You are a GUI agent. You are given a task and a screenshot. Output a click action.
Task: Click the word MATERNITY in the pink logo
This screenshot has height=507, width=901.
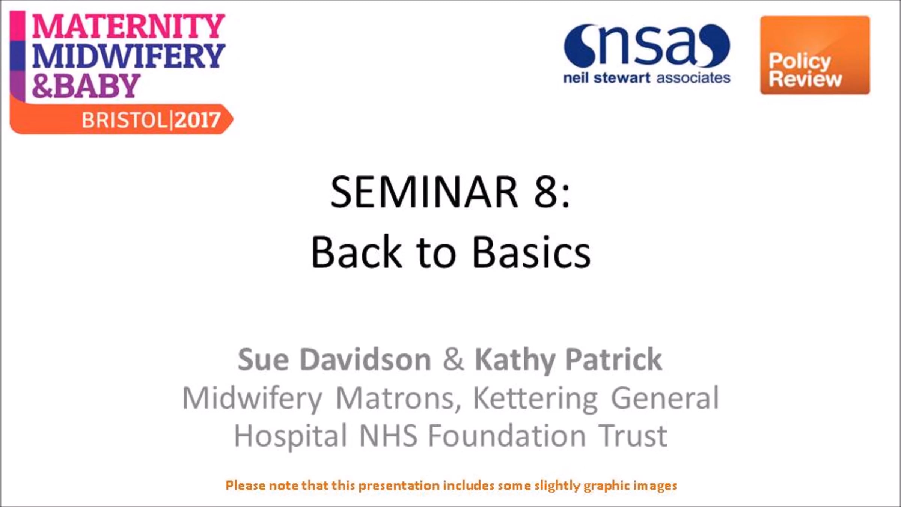128,26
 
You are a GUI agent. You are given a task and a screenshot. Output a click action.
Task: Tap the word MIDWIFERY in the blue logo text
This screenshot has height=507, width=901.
128,56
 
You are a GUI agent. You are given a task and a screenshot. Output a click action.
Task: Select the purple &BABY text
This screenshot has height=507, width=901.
86,86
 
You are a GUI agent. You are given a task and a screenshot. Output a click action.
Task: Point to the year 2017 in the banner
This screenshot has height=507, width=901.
197,121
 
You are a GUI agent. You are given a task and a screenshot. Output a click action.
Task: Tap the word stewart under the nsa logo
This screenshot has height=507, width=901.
622,78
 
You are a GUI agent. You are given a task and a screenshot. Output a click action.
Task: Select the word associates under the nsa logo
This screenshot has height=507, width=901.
693,78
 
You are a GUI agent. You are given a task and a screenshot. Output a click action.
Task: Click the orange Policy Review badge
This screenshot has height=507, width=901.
815,55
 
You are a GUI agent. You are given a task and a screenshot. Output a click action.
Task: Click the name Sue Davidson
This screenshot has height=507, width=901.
334,359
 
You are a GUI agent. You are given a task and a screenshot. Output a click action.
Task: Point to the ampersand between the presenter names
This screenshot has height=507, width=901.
453,359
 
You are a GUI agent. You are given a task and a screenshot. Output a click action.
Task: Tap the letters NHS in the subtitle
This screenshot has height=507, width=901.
388,436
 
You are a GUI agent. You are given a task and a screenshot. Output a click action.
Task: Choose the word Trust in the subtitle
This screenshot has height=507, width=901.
633,436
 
